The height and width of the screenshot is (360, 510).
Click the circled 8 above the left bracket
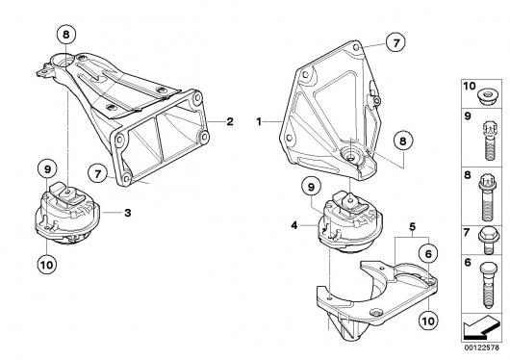tap(66, 35)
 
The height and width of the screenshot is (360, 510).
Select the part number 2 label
tap(230, 121)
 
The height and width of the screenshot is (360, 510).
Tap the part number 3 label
tap(128, 213)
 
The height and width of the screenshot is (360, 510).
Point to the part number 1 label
tap(259, 121)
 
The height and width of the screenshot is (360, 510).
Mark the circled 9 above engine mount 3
tap(47, 169)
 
